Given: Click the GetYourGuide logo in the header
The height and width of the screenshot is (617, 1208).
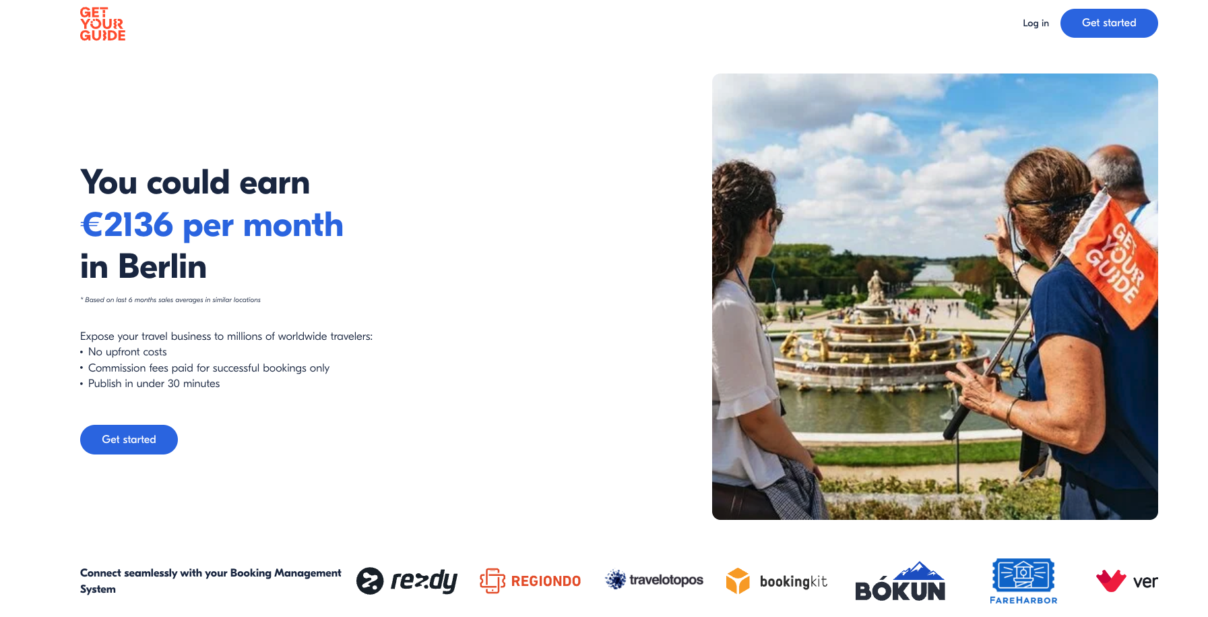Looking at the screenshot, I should [x=102, y=24].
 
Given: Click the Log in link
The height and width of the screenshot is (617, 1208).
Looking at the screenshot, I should [x=1036, y=23].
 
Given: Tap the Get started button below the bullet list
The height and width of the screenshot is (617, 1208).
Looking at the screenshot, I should [x=129, y=440].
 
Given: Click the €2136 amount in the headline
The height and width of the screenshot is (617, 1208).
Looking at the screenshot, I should [x=127, y=225].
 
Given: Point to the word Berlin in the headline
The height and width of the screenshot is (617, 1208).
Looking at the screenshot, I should [x=162, y=266].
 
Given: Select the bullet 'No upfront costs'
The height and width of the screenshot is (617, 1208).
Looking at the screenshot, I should [x=127, y=352].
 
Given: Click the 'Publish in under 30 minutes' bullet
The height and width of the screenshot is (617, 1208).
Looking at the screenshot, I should [x=154, y=384].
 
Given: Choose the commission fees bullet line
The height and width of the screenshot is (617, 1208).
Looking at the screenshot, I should [x=208, y=368].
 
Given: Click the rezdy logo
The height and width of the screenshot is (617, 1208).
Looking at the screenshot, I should [x=407, y=581].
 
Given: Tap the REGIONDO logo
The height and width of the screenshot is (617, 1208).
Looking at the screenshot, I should [x=530, y=581].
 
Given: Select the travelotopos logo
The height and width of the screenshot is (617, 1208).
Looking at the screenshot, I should [x=654, y=580].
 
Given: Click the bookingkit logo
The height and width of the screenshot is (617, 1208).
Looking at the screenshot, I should [x=777, y=581].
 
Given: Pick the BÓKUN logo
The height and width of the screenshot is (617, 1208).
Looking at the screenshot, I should [x=900, y=582].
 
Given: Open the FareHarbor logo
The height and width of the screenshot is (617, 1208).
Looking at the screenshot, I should [x=1023, y=581].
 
